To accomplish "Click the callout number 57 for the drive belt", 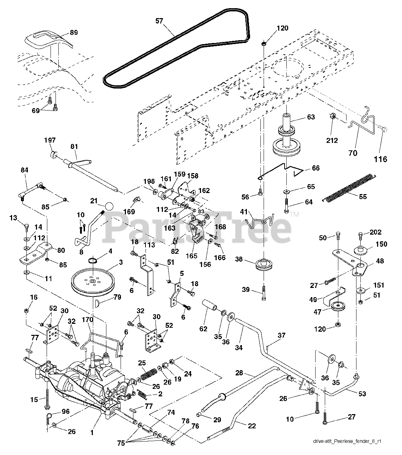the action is tap(159, 21).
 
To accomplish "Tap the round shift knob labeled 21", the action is tap(109, 206).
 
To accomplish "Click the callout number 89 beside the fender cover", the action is tap(74, 33).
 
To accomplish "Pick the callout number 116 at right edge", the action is tap(380, 159).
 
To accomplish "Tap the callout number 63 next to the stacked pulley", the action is tap(311, 117).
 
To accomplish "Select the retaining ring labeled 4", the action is tap(93, 261).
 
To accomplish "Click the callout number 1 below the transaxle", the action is tap(92, 433).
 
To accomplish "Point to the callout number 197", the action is tap(50, 140).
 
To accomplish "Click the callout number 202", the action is tap(375, 232).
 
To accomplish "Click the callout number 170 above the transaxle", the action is tap(88, 319).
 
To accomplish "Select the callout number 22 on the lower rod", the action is tap(252, 426).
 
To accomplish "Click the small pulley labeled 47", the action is tap(338, 306).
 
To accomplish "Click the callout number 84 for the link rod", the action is tap(25, 170).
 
